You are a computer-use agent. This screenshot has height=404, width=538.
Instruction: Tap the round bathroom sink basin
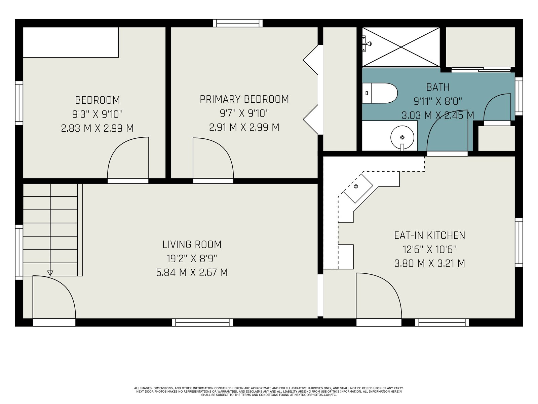402,137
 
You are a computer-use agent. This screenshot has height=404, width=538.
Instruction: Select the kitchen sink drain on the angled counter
356,187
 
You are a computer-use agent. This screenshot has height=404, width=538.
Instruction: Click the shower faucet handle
367,44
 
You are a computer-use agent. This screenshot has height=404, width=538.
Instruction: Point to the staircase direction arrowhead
50,273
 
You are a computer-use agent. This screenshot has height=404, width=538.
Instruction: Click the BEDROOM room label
97,100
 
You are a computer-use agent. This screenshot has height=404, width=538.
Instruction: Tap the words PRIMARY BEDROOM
244,99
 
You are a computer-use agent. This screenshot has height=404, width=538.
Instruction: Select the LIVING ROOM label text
192,244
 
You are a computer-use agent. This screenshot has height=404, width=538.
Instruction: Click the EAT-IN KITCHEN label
429,235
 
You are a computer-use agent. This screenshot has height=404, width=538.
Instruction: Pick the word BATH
438,87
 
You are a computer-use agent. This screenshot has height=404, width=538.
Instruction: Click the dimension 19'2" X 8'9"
192,259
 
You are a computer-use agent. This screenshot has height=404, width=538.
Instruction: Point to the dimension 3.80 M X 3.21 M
429,264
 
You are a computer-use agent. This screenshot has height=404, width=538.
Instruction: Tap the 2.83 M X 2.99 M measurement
97,128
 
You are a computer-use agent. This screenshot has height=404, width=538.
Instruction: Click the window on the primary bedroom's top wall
238,23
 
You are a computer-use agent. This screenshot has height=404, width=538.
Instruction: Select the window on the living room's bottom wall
202,322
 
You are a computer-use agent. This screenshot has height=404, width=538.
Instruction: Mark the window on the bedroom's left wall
19,103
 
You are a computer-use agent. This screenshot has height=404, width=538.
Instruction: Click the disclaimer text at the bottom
269,392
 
